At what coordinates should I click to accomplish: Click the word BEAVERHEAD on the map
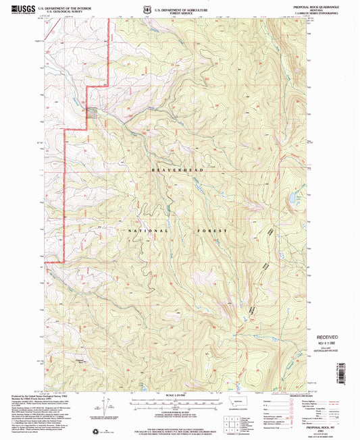pyautogui.click(x=177, y=170)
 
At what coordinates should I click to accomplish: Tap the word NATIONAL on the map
pyautogui.click(x=145, y=230)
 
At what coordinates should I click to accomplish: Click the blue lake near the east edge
pyautogui.click(x=292, y=200)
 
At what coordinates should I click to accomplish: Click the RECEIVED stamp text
pyautogui.click(x=333, y=335)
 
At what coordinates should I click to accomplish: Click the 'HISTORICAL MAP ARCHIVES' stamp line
pyautogui.click(x=333, y=353)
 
